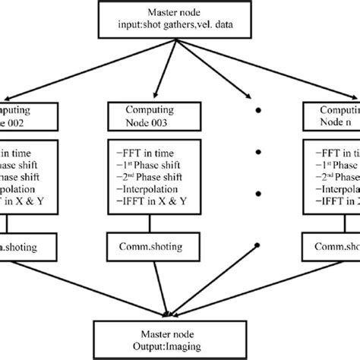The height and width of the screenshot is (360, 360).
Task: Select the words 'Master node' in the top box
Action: (x=180, y=13)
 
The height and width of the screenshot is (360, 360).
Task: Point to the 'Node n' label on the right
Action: (x=335, y=124)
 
